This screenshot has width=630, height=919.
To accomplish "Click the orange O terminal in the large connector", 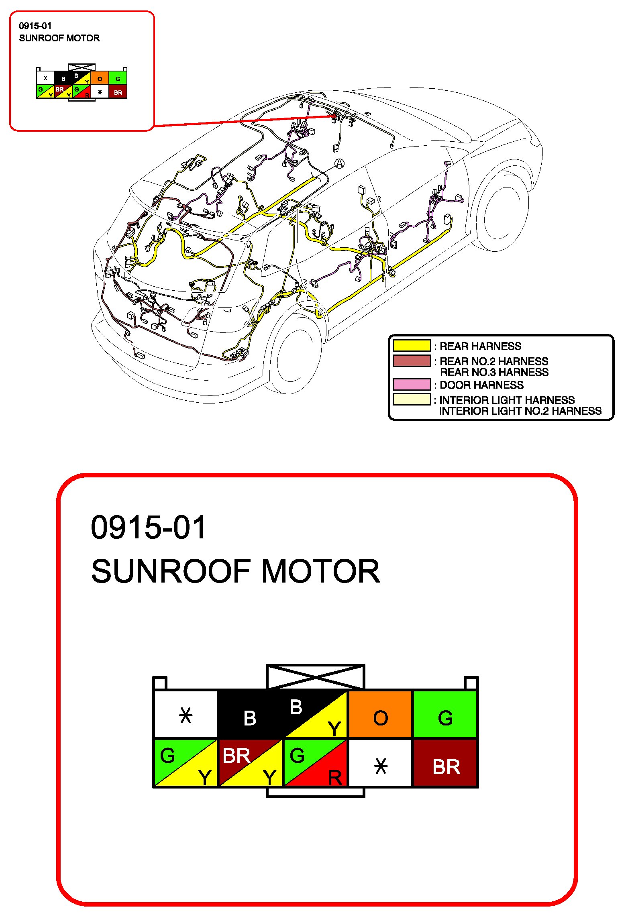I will (380, 714).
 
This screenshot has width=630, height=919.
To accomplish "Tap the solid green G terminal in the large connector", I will (445, 714).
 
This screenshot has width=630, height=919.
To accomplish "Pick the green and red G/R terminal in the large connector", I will (316, 763).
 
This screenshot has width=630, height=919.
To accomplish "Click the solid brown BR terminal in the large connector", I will (445, 763).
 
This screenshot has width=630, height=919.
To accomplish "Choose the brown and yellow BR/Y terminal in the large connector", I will (250, 763).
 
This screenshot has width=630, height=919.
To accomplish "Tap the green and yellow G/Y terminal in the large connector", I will (186, 763).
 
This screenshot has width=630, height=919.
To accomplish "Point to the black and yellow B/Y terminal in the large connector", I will (316, 714).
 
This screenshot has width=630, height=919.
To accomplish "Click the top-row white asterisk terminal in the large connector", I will (186, 714).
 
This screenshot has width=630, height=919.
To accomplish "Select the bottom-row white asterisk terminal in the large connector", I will (380, 763).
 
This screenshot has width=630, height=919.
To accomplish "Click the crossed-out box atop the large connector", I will (316, 677).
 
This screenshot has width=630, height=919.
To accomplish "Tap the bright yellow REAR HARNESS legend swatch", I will (412, 346).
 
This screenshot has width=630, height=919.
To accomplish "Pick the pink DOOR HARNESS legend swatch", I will (412, 385).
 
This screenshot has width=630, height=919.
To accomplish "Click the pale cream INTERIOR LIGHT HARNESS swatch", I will (412, 399).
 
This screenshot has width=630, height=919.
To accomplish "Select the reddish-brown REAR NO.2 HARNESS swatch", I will (412, 361).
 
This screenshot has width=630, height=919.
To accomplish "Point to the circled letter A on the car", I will (340, 163).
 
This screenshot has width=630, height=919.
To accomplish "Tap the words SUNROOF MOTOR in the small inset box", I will (59, 38).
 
